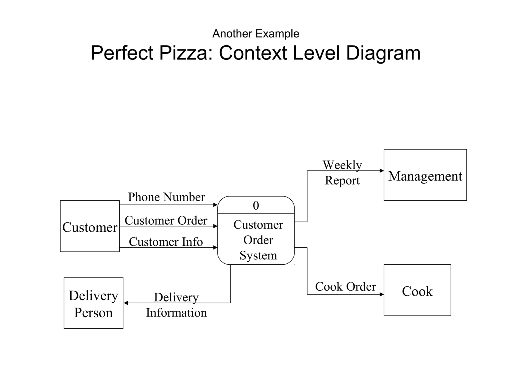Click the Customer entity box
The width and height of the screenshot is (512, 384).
click(90, 226)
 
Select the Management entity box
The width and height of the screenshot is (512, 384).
click(425, 175)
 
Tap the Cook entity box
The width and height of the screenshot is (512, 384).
click(417, 290)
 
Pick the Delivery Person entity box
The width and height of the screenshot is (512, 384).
click(93, 303)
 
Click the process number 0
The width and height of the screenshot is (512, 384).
click(256, 205)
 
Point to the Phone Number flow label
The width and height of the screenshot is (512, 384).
click(166, 197)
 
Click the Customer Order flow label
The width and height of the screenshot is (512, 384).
click(166, 220)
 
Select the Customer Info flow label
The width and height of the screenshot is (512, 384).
click(166, 242)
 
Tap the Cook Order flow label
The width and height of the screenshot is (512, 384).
click(345, 286)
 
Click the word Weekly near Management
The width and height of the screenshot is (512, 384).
click(342, 165)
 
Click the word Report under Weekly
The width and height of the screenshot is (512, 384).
click(342, 180)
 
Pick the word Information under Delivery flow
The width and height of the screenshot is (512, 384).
click(176, 313)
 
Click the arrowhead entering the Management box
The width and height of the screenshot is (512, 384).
click(381, 171)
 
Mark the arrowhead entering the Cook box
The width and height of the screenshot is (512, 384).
click(381, 294)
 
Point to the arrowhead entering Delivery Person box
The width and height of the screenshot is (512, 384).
click(126, 303)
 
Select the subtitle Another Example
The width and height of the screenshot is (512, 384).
click(256, 33)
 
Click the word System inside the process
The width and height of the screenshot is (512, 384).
click(258, 255)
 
